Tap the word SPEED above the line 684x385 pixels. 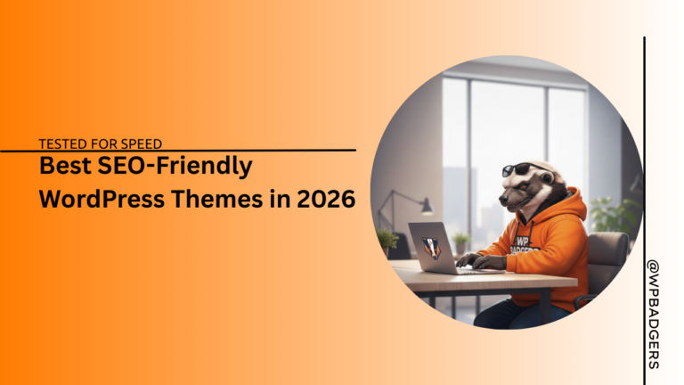coord(140,142)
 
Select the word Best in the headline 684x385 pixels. coord(63,167)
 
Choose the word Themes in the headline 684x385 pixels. coord(216,199)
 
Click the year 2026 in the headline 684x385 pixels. coord(324,199)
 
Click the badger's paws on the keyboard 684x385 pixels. coord(476,260)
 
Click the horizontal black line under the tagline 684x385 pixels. coord(178,150)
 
